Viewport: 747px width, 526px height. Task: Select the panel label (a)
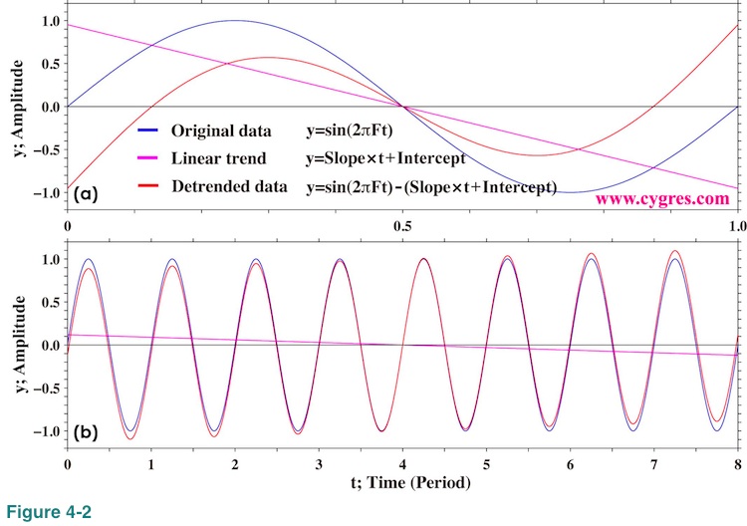(x=87, y=196)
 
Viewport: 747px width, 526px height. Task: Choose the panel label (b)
(x=87, y=433)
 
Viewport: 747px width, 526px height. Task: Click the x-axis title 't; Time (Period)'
(x=401, y=485)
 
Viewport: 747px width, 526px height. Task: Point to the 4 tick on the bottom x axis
(x=402, y=466)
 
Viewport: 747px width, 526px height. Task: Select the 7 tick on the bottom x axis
(x=653, y=466)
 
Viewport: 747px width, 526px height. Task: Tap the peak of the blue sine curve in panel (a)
(x=234, y=20)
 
